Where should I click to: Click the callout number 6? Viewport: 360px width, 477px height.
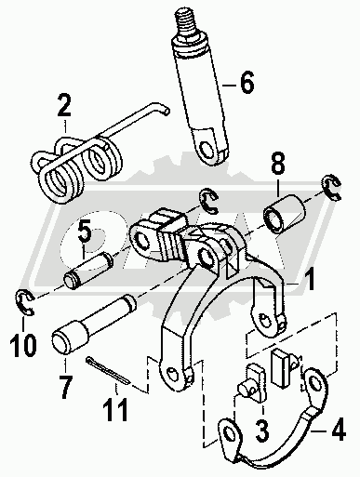click(247, 82)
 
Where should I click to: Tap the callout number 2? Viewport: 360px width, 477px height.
click(64, 106)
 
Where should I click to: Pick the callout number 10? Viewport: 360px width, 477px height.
click(23, 345)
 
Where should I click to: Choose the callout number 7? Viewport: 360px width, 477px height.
click(65, 387)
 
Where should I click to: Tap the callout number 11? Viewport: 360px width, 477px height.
click(115, 409)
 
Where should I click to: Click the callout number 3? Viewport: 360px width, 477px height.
click(261, 431)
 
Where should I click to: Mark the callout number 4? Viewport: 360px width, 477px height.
click(338, 429)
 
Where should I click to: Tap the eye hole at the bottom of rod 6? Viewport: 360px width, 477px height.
click(206, 149)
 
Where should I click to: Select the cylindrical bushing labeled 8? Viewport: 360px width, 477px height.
click(284, 213)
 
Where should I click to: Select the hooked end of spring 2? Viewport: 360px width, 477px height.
click(162, 108)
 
